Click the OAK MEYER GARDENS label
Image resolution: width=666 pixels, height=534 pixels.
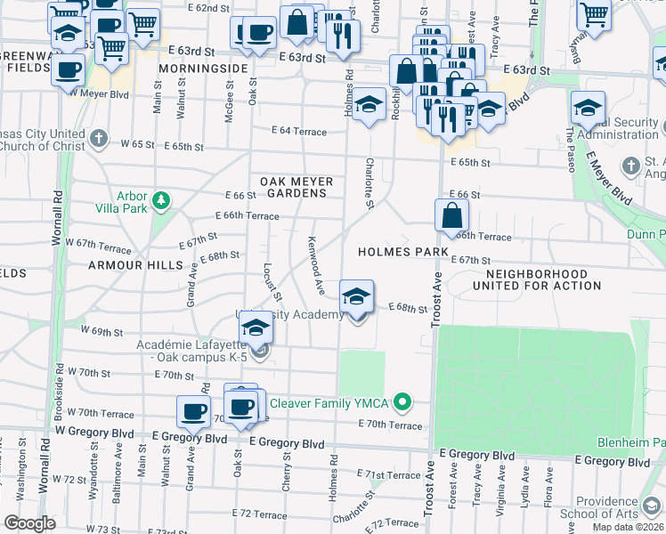pyautogui.click(x=296, y=188)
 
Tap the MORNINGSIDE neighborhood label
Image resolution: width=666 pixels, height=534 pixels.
pyautogui.click(x=202, y=69)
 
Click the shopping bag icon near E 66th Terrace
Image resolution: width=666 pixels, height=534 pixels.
pyautogui.click(x=451, y=214)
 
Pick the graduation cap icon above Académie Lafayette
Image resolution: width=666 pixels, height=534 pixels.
pyautogui.click(x=256, y=328)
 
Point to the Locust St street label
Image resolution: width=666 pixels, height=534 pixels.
pyautogui.click(x=272, y=281)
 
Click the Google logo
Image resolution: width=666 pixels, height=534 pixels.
pyautogui.click(x=29, y=522)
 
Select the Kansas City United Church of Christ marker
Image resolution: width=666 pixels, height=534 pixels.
pyautogui.click(x=100, y=139)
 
